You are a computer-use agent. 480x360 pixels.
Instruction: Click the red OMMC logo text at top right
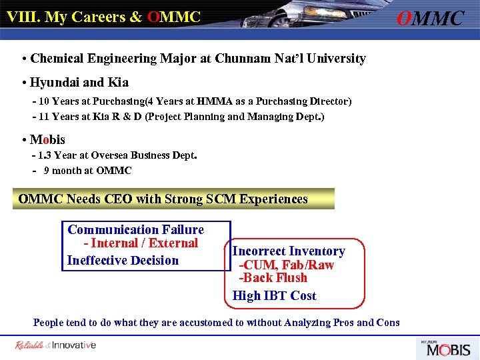[430, 18]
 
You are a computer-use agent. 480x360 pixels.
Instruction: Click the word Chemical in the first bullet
[57, 59]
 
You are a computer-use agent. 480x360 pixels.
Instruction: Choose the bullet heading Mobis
[47, 140]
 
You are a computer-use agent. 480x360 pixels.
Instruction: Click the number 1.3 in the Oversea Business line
[45, 156]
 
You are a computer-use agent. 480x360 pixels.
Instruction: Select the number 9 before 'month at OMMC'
[47, 171]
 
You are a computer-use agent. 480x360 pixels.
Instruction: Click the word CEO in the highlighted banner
[118, 199]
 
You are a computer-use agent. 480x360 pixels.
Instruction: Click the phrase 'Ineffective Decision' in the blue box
[123, 261]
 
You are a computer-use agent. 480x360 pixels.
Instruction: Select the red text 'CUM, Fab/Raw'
[289, 265]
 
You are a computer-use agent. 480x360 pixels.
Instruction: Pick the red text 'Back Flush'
[276, 278]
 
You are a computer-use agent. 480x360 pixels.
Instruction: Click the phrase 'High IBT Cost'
[274, 296]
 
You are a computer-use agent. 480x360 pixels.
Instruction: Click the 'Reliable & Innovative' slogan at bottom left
[55, 345]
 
